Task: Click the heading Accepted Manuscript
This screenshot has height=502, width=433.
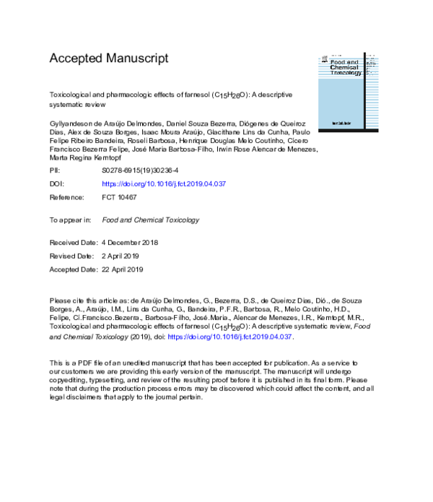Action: tap(108, 58)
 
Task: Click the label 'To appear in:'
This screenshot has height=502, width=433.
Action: tap(70, 220)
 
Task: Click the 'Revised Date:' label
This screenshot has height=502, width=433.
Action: tap(71, 256)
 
